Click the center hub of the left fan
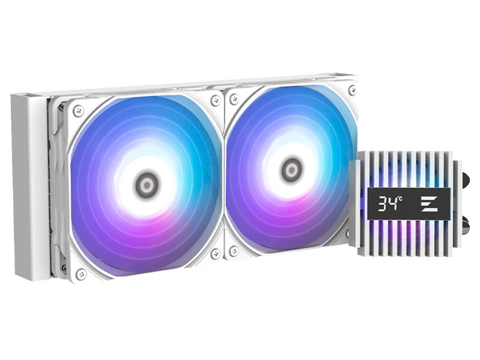[x=147, y=185]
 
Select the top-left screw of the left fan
[x=78, y=111]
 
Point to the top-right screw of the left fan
[x=216, y=101]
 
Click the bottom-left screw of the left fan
[x=81, y=274]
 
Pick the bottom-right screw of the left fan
[x=216, y=253]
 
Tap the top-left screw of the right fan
[x=235, y=99]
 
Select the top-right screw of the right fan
[x=353, y=90]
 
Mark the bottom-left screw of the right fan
[x=234, y=251]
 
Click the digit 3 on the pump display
[x=382, y=204]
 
